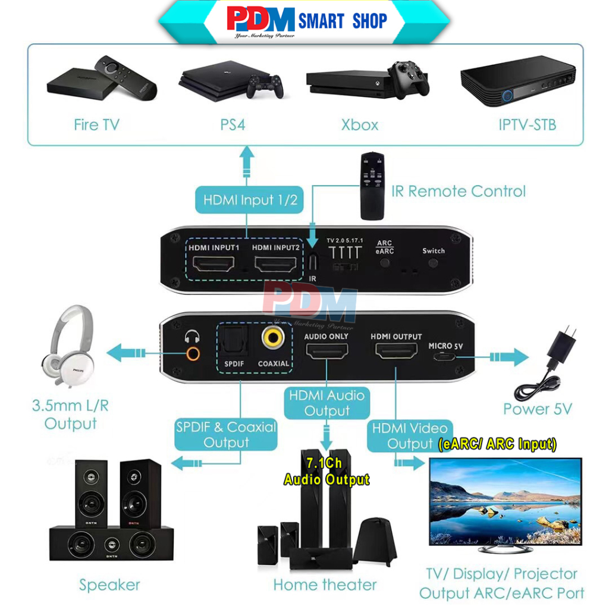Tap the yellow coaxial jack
pyautogui.click(x=273, y=338)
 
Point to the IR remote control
pyautogui.click(x=373, y=186)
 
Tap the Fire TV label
pyautogui.click(x=96, y=125)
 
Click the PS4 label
pyautogui.click(x=233, y=125)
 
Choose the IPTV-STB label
pyautogui.click(x=528, y=125)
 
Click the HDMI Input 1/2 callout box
pyautogui.click(x=250, y=200)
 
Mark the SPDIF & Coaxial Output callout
pyautogui.click(x=226, y=435)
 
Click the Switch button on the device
pyautogui.click(x=434, y=262)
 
